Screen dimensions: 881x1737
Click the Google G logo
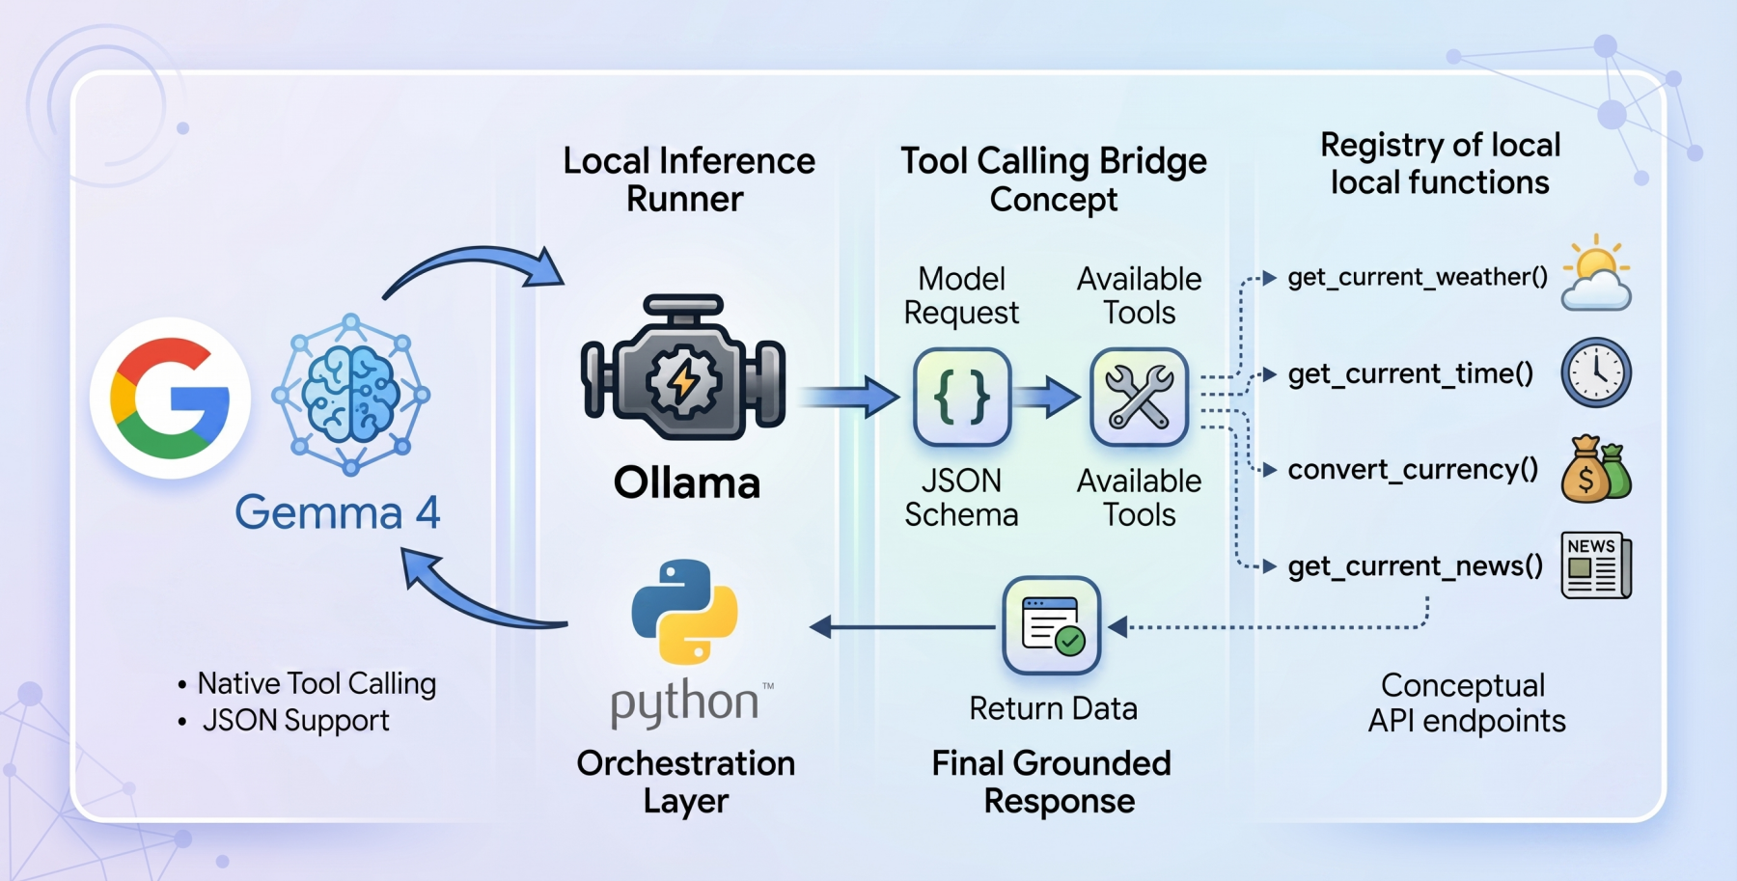click(170, 398)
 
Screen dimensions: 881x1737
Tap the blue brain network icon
click(351, 394)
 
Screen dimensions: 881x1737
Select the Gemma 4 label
click(338, 511)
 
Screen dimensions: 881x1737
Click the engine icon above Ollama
click(683, 369)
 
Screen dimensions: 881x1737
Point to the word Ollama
click(687, 482)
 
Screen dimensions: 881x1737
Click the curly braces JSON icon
click(961, 397)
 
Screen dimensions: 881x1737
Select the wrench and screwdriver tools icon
click(1139, 397)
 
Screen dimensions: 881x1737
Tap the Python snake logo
click(685, 612)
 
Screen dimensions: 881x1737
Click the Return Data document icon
click(1052, 625)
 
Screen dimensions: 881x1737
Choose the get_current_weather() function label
click(1417, 278)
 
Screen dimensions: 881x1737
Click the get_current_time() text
click(1410, 373)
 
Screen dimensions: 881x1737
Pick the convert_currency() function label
click(1413, 470)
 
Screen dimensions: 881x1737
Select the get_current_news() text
click(1415, 566)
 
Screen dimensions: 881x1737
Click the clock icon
click(1596, 372)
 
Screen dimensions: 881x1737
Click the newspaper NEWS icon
click(1596, 565)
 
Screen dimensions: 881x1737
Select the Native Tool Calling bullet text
click(317, 683)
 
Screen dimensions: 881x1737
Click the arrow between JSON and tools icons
click(1048, 397)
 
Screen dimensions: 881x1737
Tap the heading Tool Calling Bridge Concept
click(1053, 179)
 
